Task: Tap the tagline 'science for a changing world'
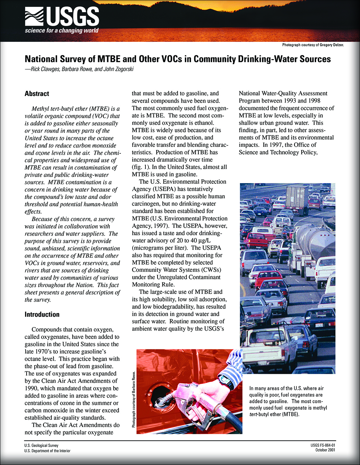point(61,31)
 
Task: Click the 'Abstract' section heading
point(37,94)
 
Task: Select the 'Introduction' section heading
point(42,314)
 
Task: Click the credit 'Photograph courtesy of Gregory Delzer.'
point(313,45)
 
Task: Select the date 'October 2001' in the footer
point(325,450)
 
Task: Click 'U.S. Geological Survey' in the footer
point(41,446)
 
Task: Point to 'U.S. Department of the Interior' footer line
point(47,451)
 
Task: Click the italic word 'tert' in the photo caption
point(253,414)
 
